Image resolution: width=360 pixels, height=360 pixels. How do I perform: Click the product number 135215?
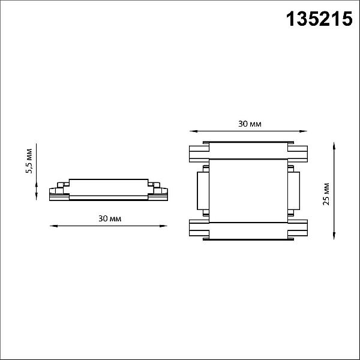tap(319, 19)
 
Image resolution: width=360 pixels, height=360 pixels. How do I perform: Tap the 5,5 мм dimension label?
tap(29, 161)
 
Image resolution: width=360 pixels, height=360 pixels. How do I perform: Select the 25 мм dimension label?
tap(326, 194)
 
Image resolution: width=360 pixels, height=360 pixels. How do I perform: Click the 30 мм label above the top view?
tap(250, 124)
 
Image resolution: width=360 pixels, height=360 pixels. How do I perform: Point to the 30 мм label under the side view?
tap(110, 218)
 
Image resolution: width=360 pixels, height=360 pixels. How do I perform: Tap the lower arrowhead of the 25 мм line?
tap(334, 236)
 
